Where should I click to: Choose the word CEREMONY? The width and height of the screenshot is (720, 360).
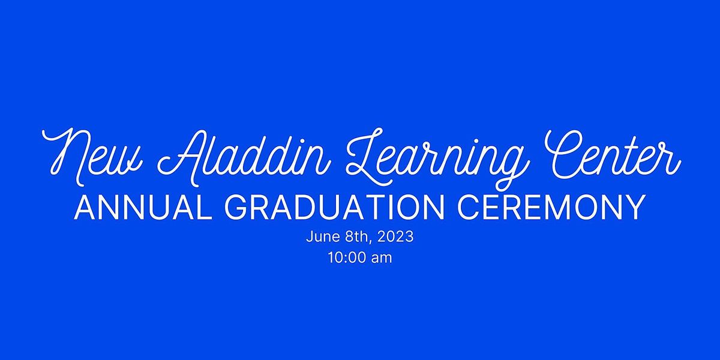tap(551, 208)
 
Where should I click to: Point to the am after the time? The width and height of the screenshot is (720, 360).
tap(382, 259)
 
